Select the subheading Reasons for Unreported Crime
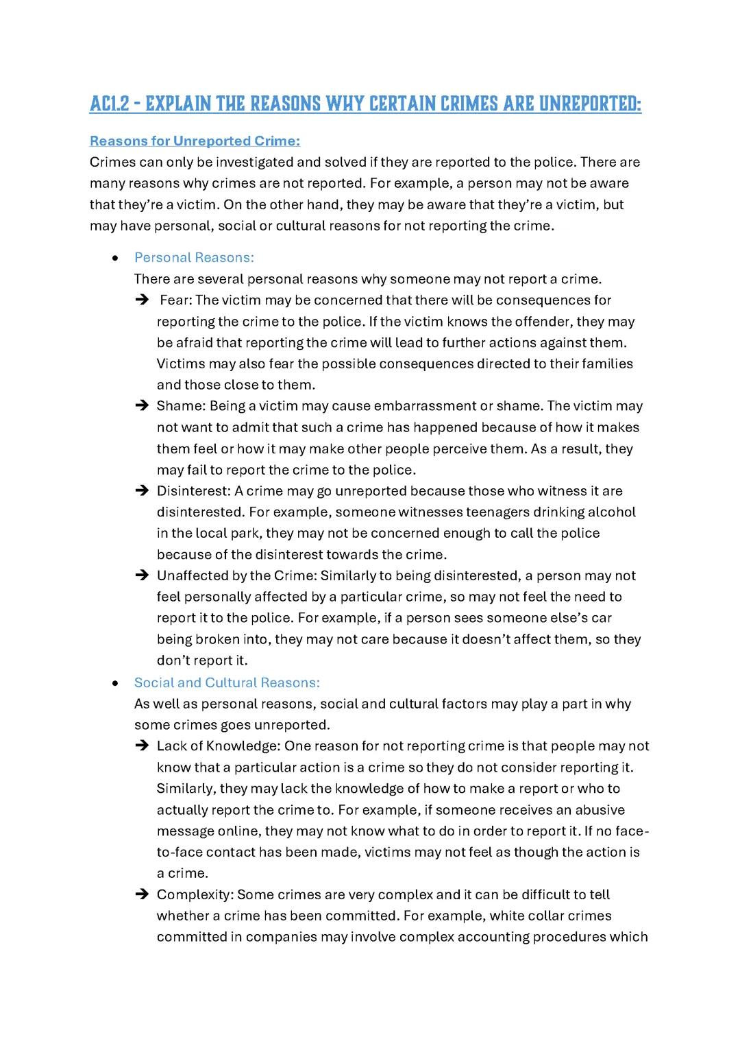click(x=195, y=141)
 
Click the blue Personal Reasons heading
click(x=194, y=257)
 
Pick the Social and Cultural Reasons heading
click(x=227, y=682)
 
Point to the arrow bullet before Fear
click(x=142, y=300)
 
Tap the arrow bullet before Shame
click(x=142, y=406)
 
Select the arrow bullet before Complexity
click(x=142, y=894)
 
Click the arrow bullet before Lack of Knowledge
click(x=142, y=746)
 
